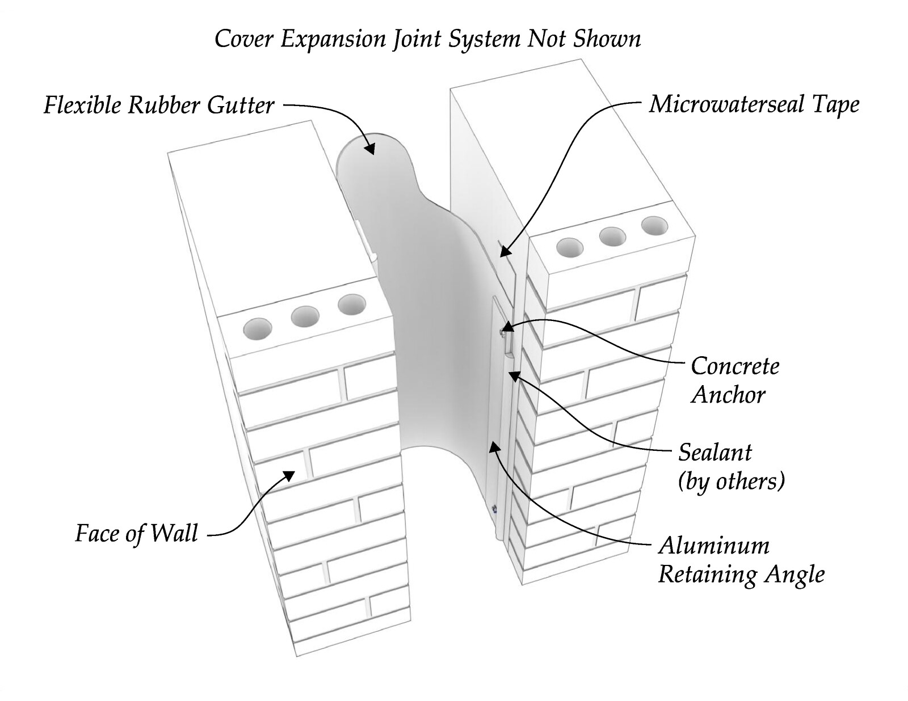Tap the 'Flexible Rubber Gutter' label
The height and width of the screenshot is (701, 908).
[159, 105]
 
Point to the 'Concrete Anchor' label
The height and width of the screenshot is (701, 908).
[735, 381]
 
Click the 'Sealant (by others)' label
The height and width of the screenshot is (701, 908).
[732, 466]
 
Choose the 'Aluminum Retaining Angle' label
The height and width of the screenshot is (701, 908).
[741, 560]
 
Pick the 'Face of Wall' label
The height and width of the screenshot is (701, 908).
[136, 533]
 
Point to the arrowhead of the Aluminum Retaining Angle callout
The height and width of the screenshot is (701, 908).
[494, 449]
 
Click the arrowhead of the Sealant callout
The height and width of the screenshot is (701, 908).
[514, 376]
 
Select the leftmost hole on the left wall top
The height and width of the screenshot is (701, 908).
[258, 328]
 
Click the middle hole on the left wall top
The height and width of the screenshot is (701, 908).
[305, 317]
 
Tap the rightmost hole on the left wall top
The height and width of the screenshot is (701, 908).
[352, 305]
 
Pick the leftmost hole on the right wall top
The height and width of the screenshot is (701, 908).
[570, 247]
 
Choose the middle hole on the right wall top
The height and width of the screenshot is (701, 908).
[612, 237]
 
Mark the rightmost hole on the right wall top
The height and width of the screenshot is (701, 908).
[654, 226]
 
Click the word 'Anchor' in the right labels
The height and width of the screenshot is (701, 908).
[728, 394]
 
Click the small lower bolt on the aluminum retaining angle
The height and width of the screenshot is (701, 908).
[494, 509]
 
